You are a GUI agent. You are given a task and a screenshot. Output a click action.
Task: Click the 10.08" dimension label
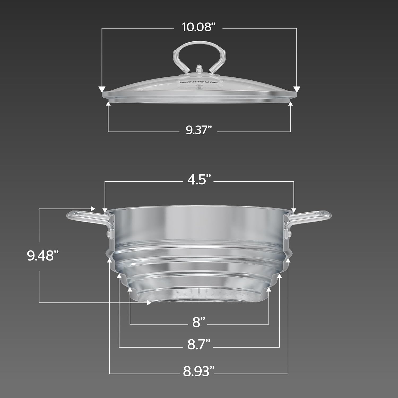(198, 27)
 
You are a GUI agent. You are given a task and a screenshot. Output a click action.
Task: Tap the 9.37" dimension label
(199, 130)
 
